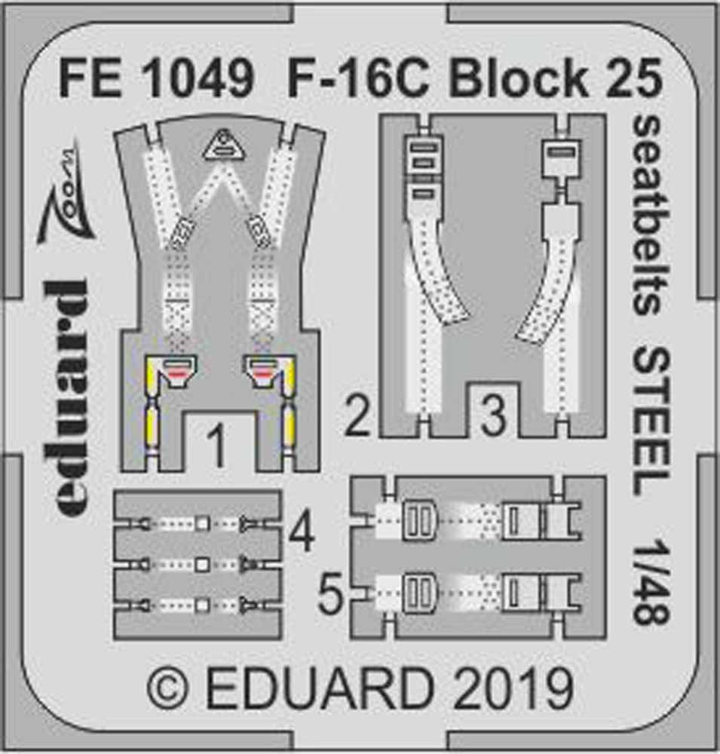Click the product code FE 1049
155,78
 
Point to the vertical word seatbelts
646,215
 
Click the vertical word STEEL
646,421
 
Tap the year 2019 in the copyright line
513,688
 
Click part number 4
302,534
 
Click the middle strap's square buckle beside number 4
201,563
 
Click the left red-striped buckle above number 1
174,372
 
